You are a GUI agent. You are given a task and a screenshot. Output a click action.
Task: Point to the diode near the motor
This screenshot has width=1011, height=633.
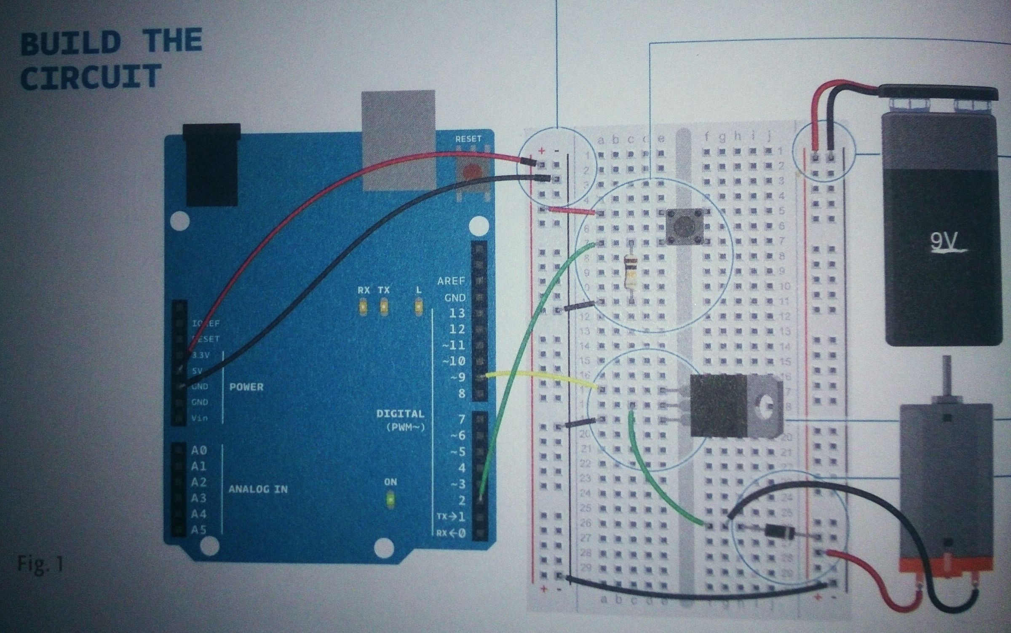[x=774, y=530]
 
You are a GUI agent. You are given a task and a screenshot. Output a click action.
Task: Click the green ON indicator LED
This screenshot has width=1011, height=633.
[x=390, y=500]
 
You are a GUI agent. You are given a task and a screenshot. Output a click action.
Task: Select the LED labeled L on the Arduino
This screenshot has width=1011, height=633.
[x=418, y=307]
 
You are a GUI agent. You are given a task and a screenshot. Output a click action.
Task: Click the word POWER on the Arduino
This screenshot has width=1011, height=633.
[x=246, y=387]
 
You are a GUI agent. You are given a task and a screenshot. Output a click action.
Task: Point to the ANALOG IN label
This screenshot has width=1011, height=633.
[x=258, y=489]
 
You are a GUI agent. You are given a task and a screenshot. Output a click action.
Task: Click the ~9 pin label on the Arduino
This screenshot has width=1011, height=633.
[x=457, y=377]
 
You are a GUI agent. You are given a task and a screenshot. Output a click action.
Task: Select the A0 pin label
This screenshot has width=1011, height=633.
[x=199, y=451]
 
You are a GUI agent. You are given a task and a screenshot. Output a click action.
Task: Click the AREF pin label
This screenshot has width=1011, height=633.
[x=451, y=281]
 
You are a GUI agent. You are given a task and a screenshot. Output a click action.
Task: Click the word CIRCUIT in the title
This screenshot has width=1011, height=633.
[x=91, y=77]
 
